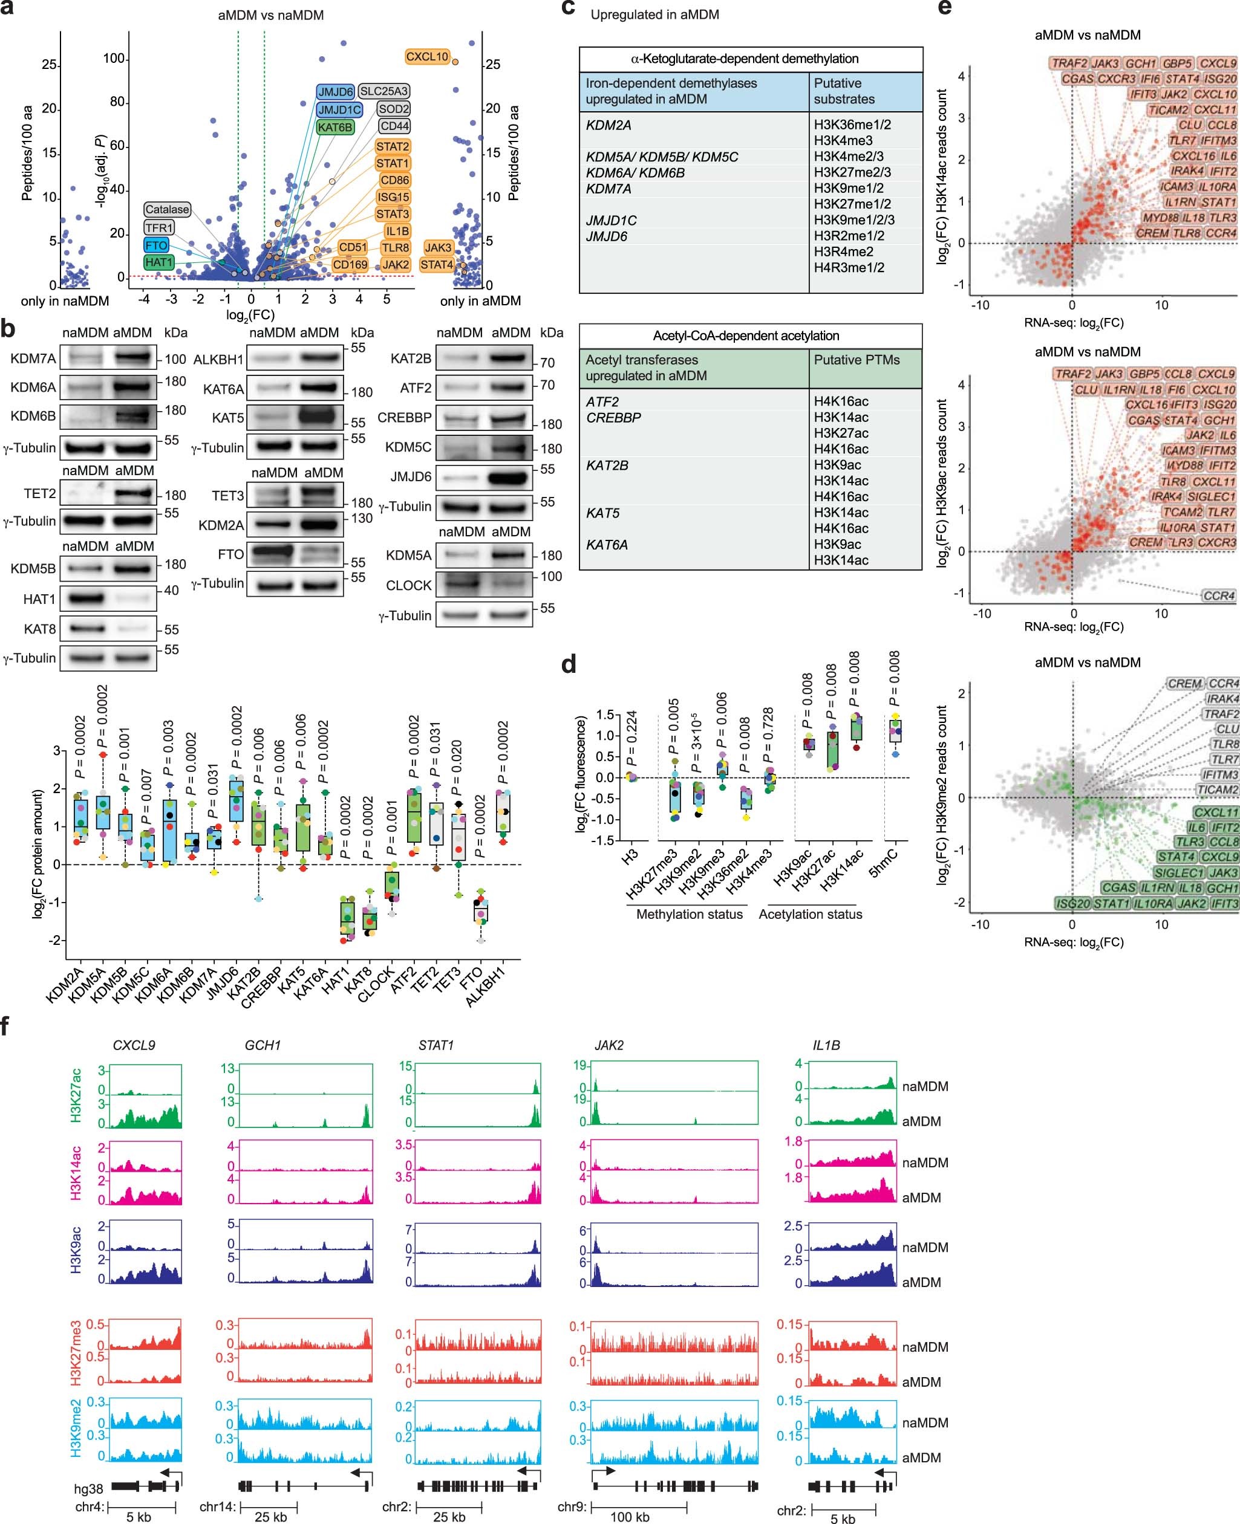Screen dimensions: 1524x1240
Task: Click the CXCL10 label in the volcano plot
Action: click(426, 56)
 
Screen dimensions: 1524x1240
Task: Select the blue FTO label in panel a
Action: click(155, 245)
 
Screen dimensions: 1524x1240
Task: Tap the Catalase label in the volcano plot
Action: click(166, 209)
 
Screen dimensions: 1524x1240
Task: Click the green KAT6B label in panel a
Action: click(335, 127)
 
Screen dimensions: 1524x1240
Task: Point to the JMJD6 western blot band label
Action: click(411, 476)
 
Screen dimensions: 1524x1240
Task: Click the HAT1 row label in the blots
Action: click(39, 599)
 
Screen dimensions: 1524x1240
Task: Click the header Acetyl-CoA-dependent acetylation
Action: click(746, 336)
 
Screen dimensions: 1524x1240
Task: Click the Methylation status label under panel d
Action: click(690, 915)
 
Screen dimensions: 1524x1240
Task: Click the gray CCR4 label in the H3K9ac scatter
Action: click(1219, 595)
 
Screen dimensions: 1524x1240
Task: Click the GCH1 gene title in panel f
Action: click(262, 1045)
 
